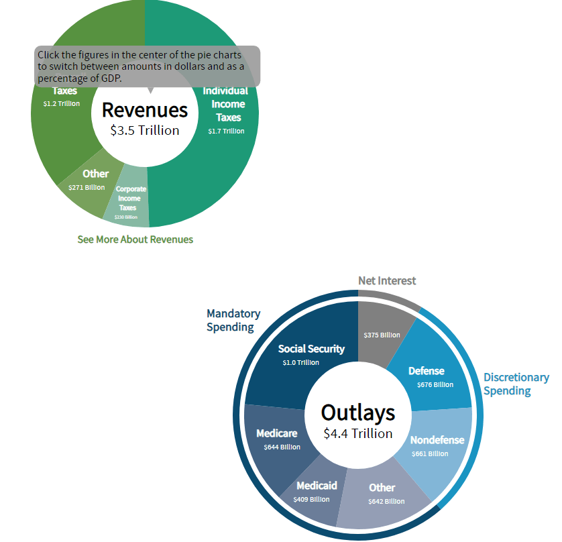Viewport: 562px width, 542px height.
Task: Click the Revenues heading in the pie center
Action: coord(144,110)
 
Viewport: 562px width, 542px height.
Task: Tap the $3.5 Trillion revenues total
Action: coord(145,130)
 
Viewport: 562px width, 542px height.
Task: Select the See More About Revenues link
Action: coord(135,239)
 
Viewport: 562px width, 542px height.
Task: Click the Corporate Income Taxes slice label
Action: coord(131,199)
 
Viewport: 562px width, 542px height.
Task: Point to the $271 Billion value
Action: coord(87,187)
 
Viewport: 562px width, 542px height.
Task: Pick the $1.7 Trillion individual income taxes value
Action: coord(226,131)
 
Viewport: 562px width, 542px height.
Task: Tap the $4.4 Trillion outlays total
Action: coord(357,433)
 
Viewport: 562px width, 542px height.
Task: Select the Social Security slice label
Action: coord(311,349)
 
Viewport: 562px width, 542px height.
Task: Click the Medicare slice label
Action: coord(276,433)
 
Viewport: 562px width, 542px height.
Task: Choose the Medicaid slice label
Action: coord(317,485)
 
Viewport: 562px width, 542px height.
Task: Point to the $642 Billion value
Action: coord(386,501)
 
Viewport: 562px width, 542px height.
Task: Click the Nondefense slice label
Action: coord(437,440)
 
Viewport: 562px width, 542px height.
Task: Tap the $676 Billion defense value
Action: coord(435,385)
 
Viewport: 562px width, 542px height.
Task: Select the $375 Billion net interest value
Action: coord(382,335)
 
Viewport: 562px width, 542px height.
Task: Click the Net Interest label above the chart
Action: coord(387,280)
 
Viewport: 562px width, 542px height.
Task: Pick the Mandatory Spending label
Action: coord(233,321)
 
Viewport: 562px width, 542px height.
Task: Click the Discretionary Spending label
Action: coord(516,384)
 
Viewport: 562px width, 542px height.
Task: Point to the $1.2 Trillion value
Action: coord(61,103)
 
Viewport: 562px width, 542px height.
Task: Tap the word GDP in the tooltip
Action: coord(111,78)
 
